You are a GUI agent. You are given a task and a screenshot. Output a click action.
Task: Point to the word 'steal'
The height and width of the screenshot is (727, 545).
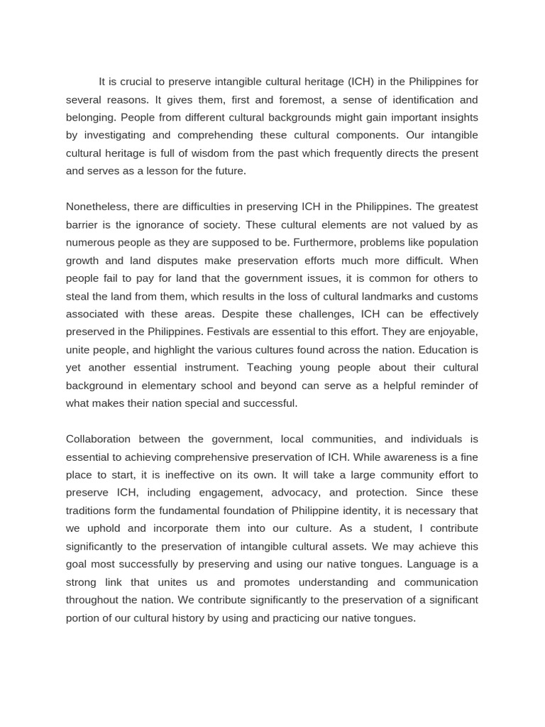pyautogui.click(x=78, y=296)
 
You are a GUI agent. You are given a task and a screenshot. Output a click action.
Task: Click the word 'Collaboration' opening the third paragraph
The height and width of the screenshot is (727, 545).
pyautogui.click(x=99, y=439)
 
